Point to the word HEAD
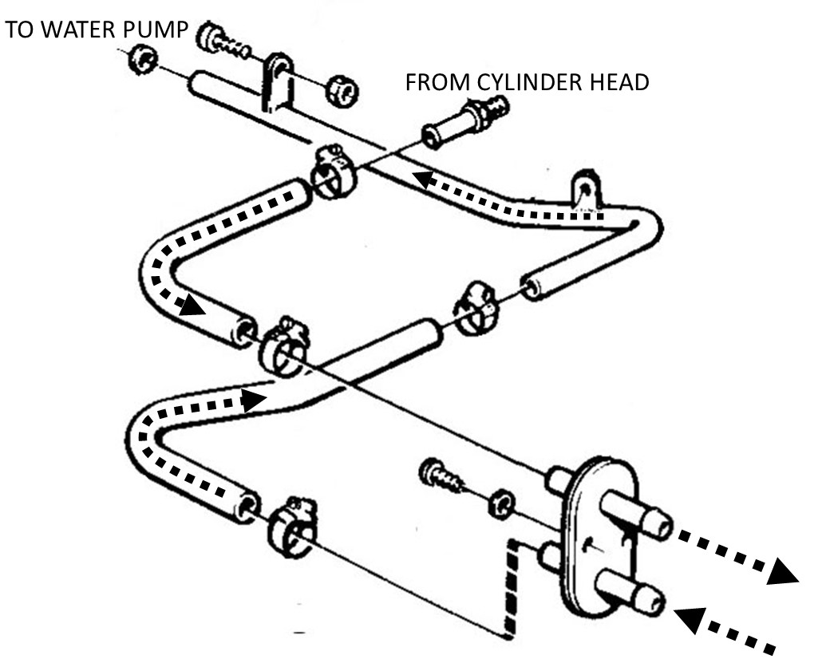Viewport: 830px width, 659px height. pyautogui.click(x=619, y=83)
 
